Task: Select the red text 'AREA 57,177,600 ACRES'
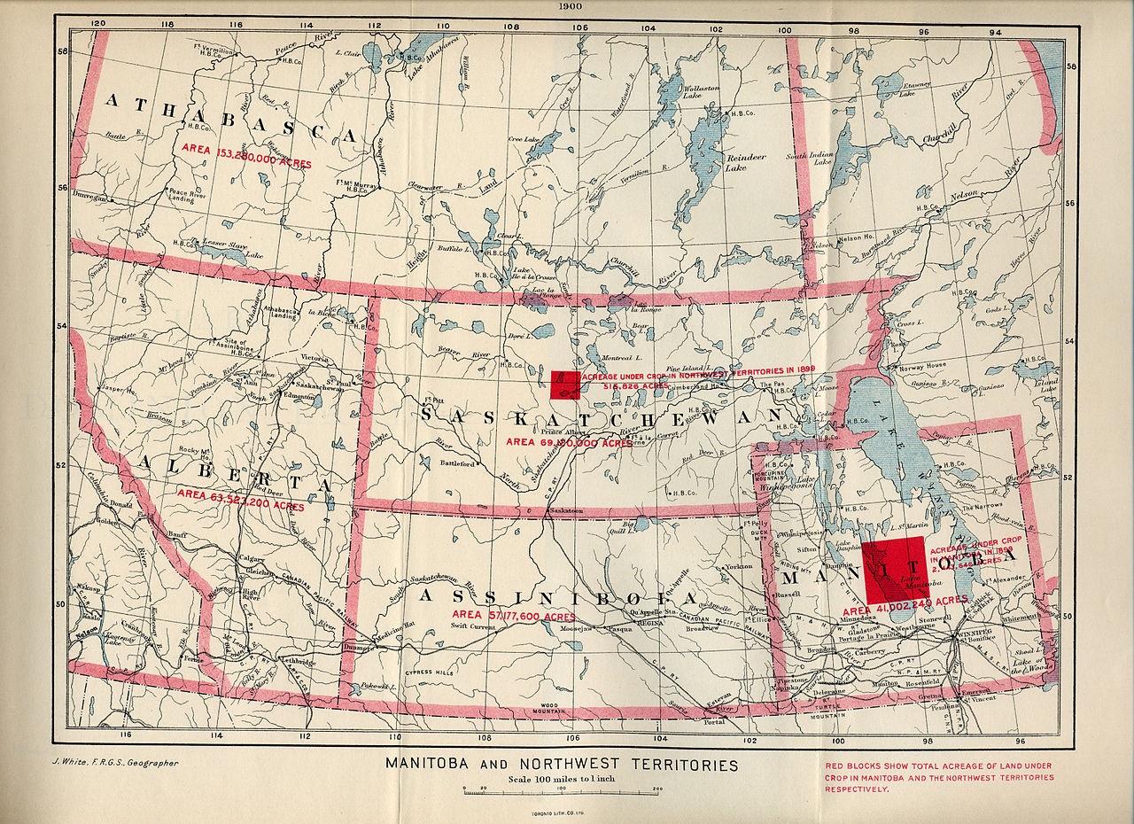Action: click(x=513, y=616)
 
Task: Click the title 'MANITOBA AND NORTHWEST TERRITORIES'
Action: click(x=561, y=764)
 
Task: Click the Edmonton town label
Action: click(x=299, y=398)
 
